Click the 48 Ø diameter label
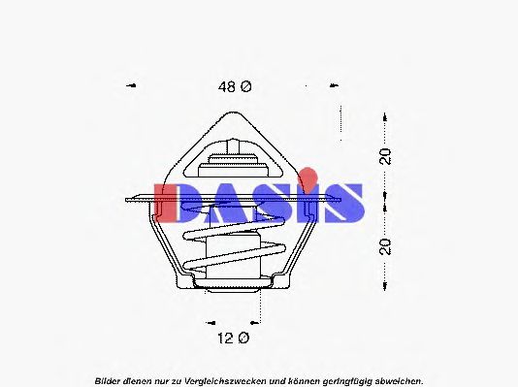click(234, 86)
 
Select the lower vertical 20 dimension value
click(386, 244)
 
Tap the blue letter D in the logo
click(174, 202)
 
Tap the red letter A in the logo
click(223, 202)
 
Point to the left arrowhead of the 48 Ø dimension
click(131, 85)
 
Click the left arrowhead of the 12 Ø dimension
click(209, 320)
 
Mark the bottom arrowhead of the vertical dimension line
click(387, 288)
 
